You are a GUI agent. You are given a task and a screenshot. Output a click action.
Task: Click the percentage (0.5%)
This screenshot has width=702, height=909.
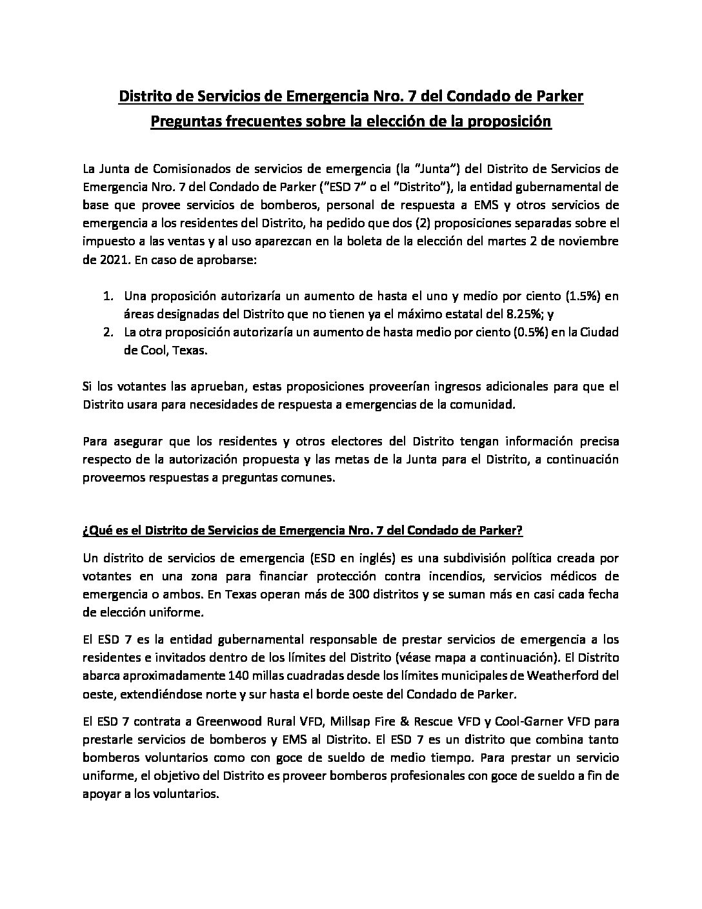[x=474, y=332]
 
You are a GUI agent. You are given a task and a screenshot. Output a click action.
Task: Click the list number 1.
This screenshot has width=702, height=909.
[x=108, y=296]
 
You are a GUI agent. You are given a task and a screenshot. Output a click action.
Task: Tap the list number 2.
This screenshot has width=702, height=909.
[x=108, y=332]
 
